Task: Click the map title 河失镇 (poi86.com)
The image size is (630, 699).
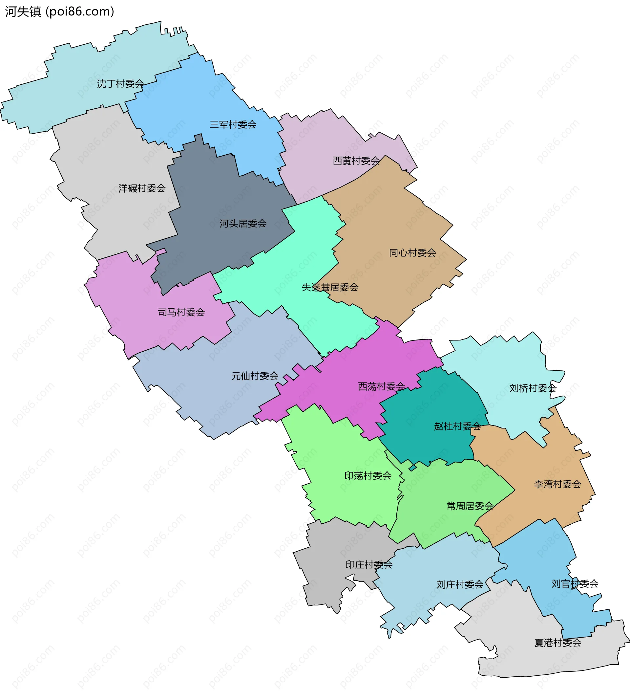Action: click(x=59, y=12)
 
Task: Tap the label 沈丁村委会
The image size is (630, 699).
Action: click(x=120, y=84)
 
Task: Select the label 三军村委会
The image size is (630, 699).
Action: click(x=233, y=125)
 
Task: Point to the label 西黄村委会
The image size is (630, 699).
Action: click(x=356, y=161)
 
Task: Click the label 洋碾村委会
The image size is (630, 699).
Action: click(x=142, y=188)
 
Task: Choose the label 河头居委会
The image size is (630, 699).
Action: click(x=243, y=223)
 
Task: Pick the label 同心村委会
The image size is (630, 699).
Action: click(x=412, y=253)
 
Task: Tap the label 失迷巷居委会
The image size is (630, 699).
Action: click(x=330, y=287)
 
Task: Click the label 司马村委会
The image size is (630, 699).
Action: click(x=181, y=313)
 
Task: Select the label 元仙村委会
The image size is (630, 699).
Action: click(x=255, y=376)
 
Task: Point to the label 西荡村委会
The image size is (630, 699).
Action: click(x=382, y=386)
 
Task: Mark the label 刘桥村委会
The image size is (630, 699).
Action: click(x=533, y=388)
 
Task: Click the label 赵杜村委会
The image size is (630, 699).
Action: click(x=458, y=426)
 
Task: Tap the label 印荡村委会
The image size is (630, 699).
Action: click(x=368, y=476)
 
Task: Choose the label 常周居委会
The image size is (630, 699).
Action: click(x=470, y=506)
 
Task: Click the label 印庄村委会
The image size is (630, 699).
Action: click(x=369, y=565)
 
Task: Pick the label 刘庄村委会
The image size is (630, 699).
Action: click(x=460, y=585)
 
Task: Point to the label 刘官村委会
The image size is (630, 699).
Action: click(x=575, y=584)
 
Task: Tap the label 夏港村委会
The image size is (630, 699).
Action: click(x=558, y=643)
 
